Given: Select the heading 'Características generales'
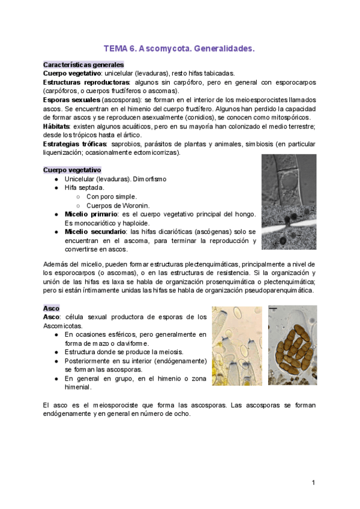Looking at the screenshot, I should tap(83, 64).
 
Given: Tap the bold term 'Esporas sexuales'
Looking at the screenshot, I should tap(71, 100).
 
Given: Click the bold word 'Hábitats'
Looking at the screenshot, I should tap(56, 127).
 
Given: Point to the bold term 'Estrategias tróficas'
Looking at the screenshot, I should tap(74, 144).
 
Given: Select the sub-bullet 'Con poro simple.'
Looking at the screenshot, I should tap(111, 196).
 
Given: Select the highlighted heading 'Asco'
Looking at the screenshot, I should tap(51, 308).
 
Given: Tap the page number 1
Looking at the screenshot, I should tap(313, 483).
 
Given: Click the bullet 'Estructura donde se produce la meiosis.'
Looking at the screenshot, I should tap(132, 352).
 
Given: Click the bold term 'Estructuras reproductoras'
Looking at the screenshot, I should tap(86, 82).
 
